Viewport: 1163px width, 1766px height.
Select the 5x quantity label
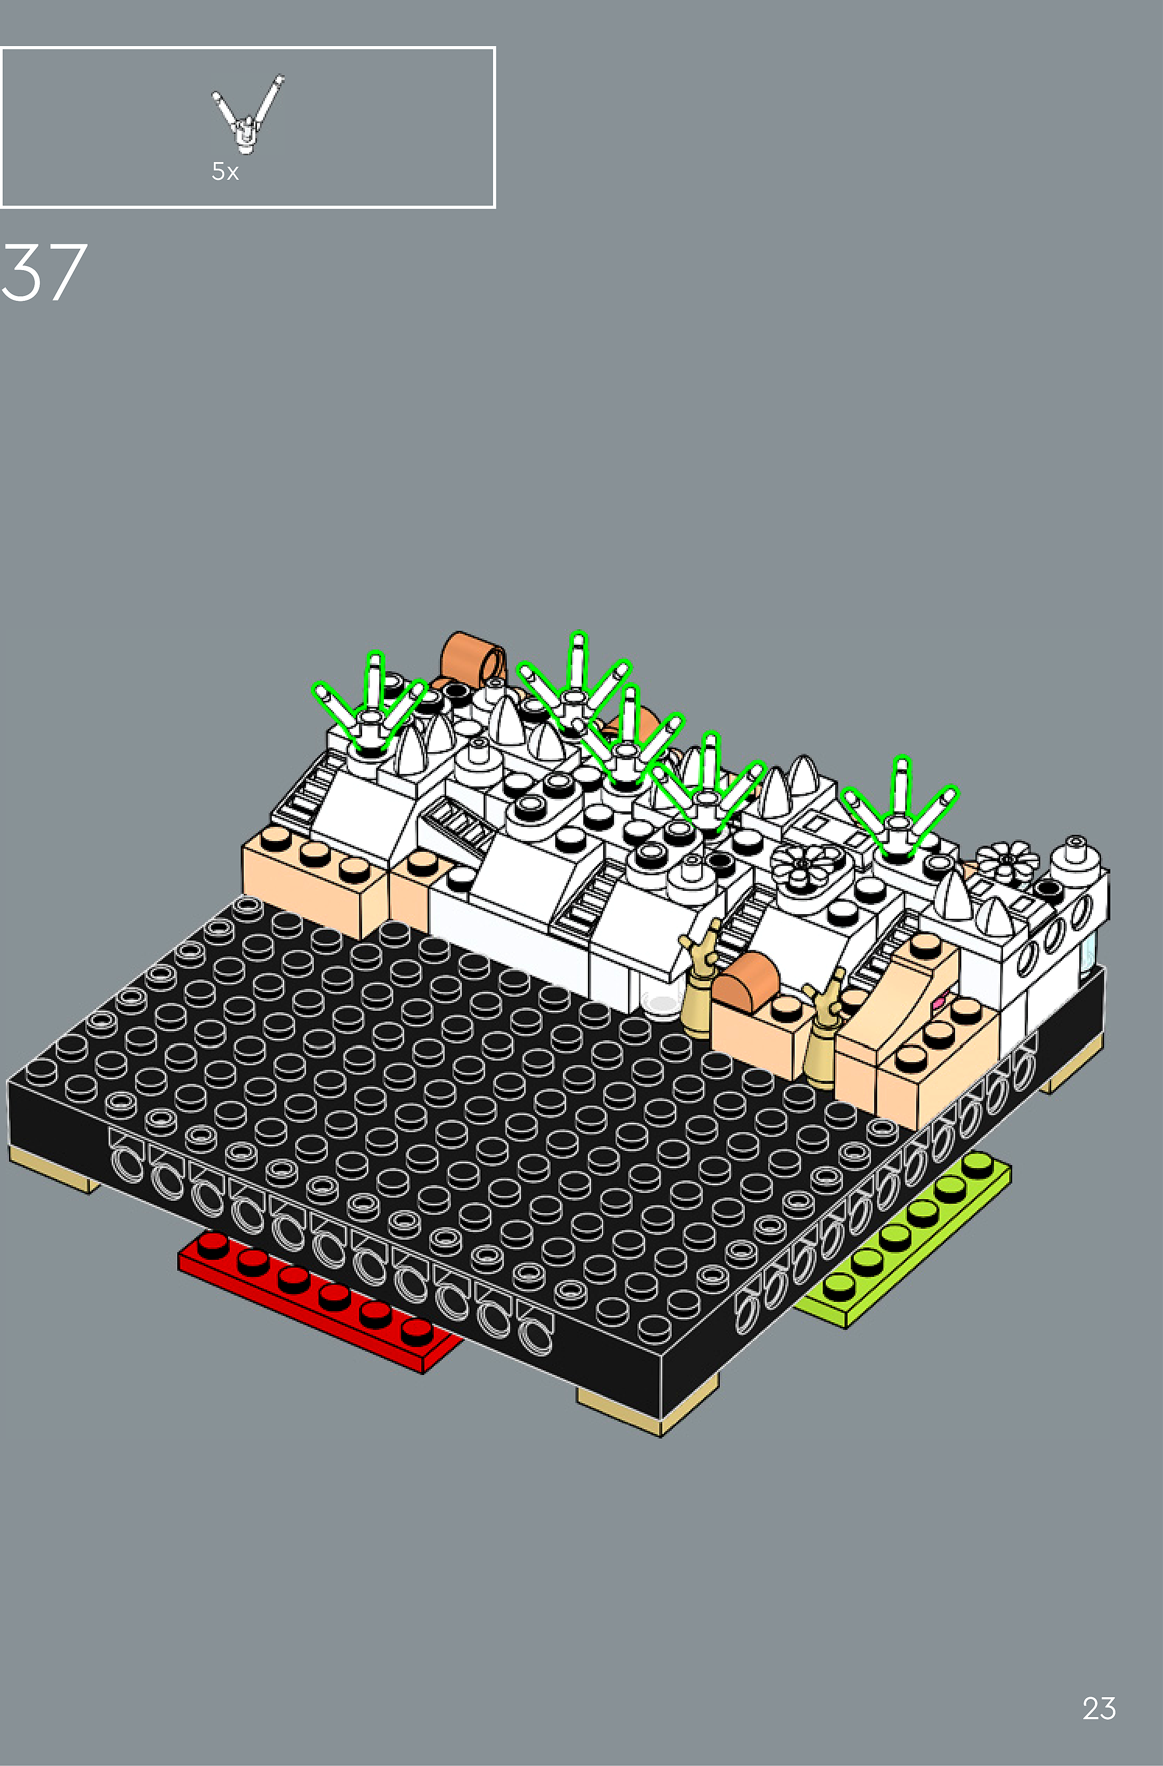click(x=225, y=171)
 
